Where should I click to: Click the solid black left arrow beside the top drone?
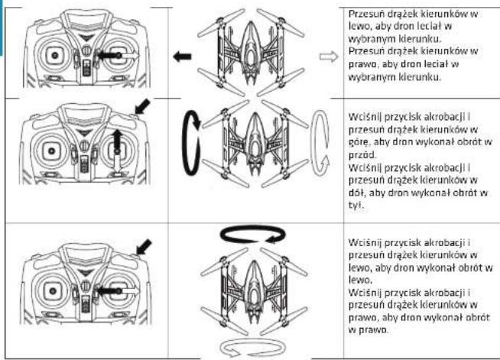(183, 57)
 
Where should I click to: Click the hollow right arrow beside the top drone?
(329, 57)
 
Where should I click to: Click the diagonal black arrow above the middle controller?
(142, 106)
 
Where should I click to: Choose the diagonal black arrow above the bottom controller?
(144, 247)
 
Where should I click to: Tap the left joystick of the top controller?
(54, 56)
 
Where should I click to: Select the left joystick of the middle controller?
(52, 151)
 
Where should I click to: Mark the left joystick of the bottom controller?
(53, 290)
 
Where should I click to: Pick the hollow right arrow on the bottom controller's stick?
(130, 290)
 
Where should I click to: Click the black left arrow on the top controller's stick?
(108, 56)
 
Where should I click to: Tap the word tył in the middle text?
(356, 205)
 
